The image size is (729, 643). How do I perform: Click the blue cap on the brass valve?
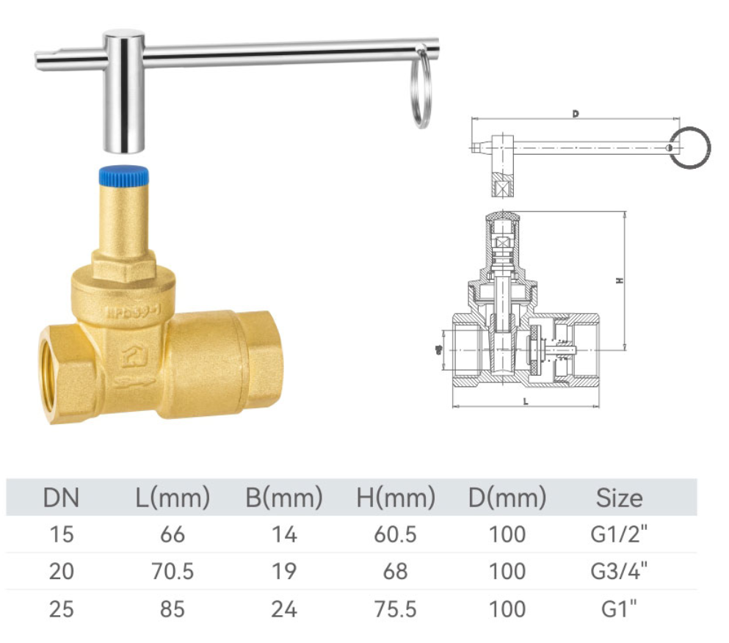[123, 175]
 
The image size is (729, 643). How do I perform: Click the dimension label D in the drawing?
[576, 114]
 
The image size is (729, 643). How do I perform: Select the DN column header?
[61, 498]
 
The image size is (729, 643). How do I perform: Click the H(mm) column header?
[396, 498]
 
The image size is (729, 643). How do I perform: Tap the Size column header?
[619, 498]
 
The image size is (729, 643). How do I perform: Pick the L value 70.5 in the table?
[173, 571]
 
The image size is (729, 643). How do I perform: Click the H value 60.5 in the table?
[396, 534]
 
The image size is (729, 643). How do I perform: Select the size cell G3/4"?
[619, 571]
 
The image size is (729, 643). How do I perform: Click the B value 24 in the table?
[284, 609]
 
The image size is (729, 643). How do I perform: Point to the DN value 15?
[61, 534]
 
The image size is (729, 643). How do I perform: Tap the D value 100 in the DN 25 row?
[507, 609]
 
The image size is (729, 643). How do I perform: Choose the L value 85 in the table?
[173, 609]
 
